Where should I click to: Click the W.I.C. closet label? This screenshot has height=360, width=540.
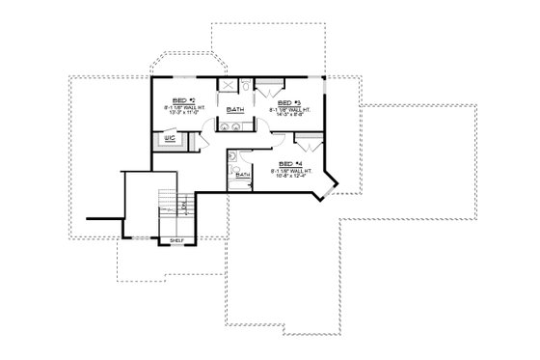tap(170, 138)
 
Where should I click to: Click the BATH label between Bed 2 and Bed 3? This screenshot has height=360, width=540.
tap(234, 110)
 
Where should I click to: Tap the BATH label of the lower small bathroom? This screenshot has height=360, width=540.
tap(243, 174)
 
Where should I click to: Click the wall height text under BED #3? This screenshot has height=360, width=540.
tap(289, 109)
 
